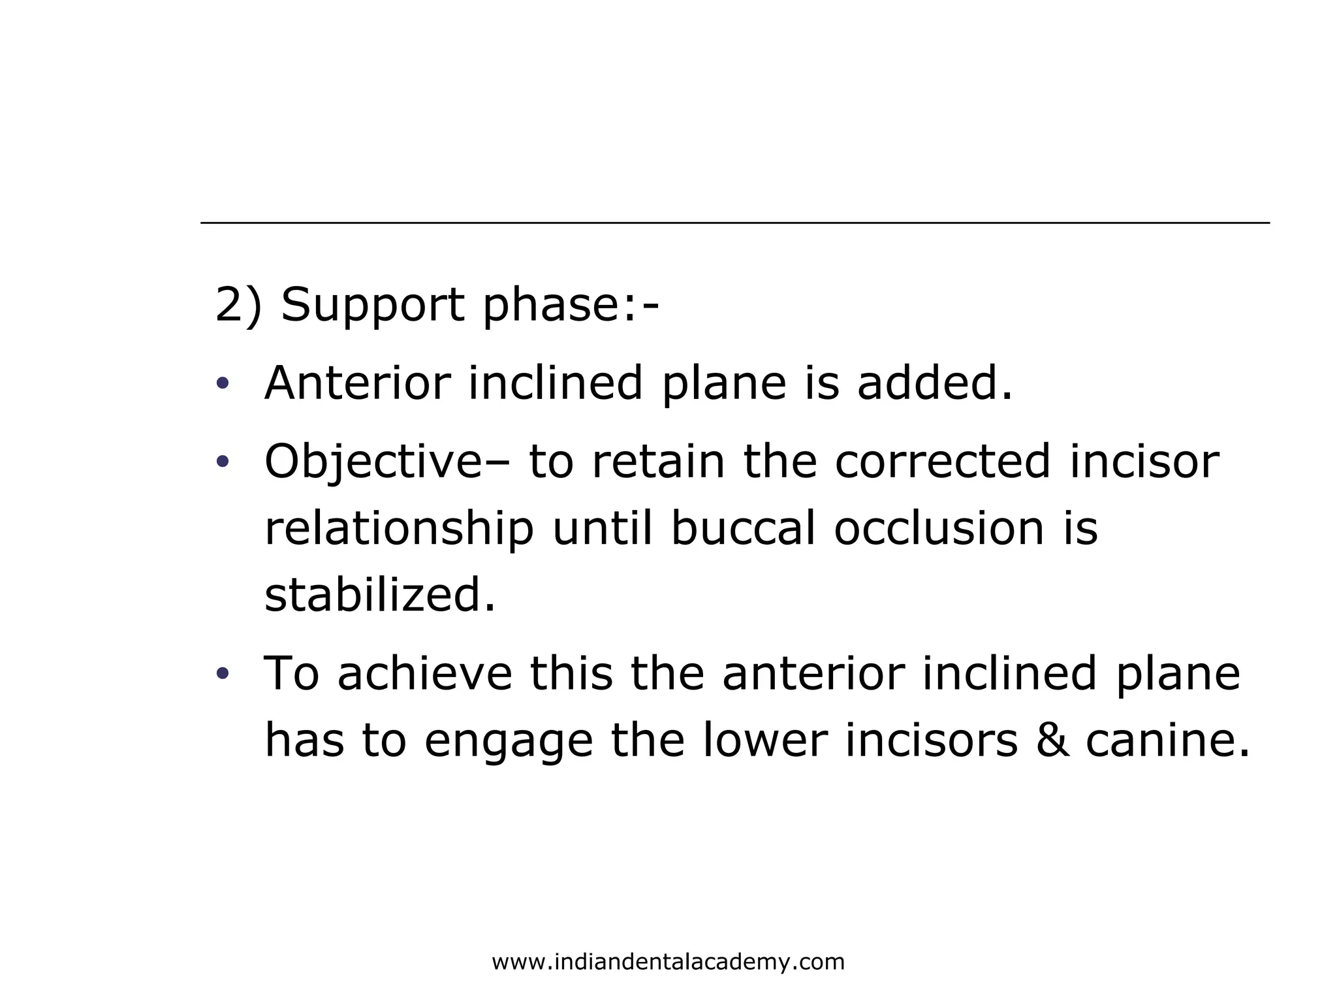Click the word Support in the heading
tap(372, 305)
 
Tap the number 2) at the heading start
tap(238, 305)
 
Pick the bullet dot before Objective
tap(223, 462)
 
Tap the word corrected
tap(943, 462)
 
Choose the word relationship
tap(399, 528)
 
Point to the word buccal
tap(744, 528)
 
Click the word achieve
tap(425, 673)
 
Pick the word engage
tap(509, 741)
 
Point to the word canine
tap(1167, 741)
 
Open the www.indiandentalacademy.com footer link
tap(668, 962)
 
